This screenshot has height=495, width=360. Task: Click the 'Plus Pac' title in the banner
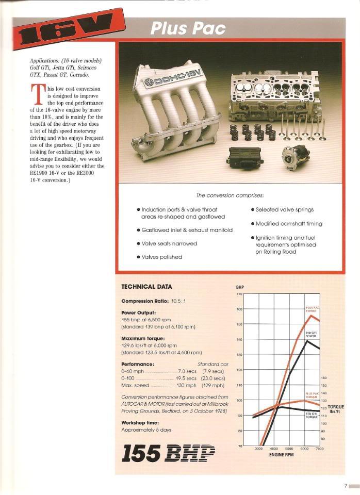[x=188, y=28]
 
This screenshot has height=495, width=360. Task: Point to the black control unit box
[x=246, y=156]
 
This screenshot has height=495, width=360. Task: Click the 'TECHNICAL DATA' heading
[x=146, y=287]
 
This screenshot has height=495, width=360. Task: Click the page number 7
[x=346, y=485]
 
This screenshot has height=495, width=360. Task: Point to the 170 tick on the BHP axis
[x=239, y=294]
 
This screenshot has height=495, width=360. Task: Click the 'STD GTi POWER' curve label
[x=312, y=334]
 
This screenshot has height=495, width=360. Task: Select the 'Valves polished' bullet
[x=161, y=256]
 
